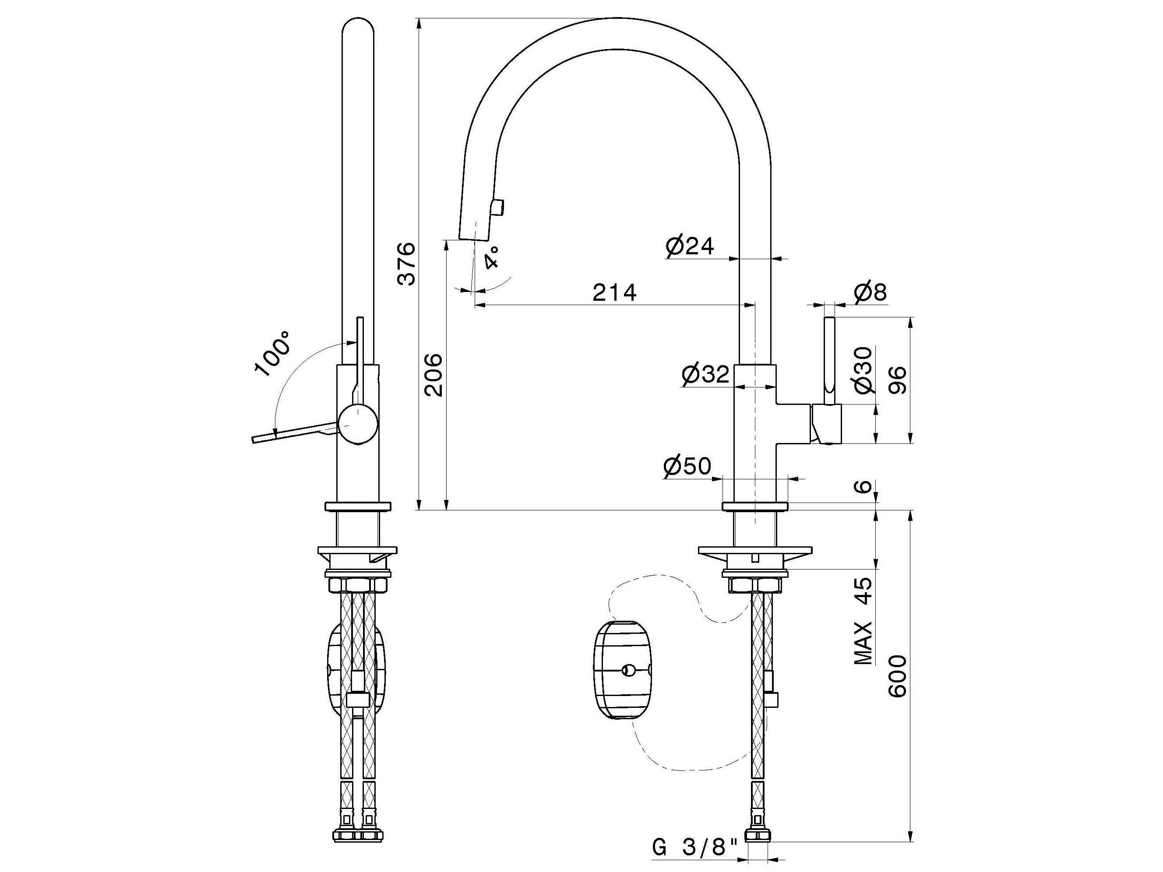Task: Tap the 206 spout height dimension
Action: pos(434,375)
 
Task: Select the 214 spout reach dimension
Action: pos(614,293)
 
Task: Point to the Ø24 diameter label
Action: pos(690,246)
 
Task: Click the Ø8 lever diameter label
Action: pos(870,293)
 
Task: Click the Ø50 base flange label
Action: pos(687,466)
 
